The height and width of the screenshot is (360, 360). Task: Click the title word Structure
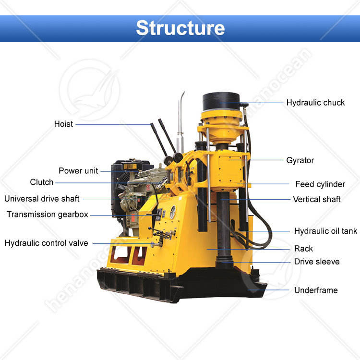[x=180, y=28]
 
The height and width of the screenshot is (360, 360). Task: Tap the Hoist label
[x=63, y=124]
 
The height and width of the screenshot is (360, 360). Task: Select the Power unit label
[x=78, y=170]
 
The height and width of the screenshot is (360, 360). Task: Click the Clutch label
[x=42, y=182]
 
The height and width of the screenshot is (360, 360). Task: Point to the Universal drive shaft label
[x=42, y=198]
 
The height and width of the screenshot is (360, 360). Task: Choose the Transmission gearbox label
[x=47, y=214]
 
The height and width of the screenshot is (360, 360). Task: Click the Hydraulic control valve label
[x=46, y=243]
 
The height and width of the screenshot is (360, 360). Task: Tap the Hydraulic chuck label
[x=315, y=102]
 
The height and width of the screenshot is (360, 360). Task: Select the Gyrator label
[x=300, y=160]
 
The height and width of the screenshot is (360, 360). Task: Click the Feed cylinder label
[x=320, y=184]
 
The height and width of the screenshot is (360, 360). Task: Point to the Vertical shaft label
[x=317, y=199]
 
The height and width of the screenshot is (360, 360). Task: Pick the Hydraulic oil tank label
[x=325, y=231]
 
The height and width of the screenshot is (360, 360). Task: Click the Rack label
[x=303, y=248]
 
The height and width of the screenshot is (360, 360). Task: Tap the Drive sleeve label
[x=317, y=262]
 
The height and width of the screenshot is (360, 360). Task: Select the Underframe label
[x=316, y=290]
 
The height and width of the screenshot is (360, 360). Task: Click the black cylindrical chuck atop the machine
[x=221, y=101]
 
